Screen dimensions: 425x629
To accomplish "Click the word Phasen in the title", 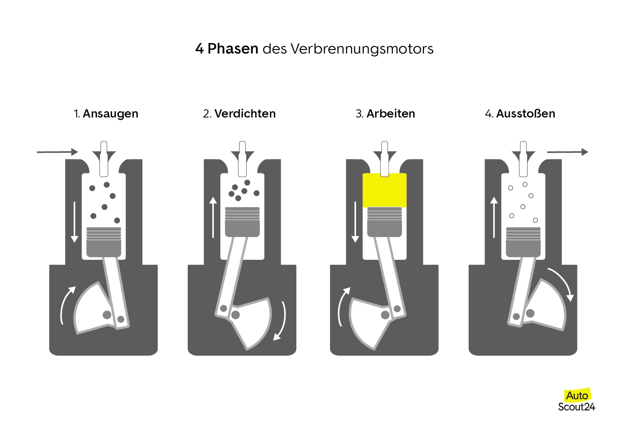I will point(233,49).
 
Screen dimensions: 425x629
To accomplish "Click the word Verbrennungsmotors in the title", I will point(362,49).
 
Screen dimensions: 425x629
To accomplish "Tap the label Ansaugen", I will point(110,114).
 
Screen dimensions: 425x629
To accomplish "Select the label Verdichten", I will point(245,114).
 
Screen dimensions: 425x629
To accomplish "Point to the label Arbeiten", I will point(391,114).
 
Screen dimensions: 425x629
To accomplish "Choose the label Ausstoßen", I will point(526,114).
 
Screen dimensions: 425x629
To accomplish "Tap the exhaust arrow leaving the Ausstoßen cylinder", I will point(567,152).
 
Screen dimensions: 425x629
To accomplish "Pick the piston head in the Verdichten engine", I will point(242,222).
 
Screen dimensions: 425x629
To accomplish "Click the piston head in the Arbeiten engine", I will point(384,222).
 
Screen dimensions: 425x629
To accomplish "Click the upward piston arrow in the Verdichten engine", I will point(213,217).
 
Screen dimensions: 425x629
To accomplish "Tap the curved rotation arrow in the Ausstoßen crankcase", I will point(561,283).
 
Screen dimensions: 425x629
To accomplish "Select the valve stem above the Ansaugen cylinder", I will point(104,159).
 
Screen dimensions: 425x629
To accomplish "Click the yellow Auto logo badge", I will point(577,395).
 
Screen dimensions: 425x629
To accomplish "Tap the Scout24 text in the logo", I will point(577,407).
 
